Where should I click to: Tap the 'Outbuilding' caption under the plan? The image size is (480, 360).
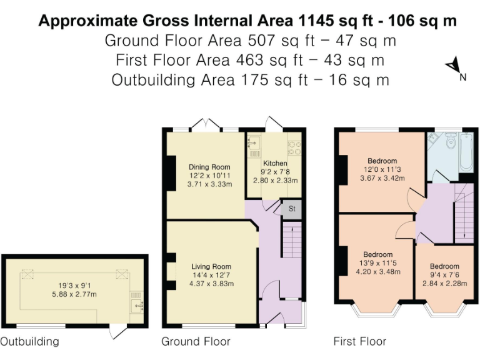[x=29, y=341]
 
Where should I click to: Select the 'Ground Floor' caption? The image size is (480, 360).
[x=196, y=341]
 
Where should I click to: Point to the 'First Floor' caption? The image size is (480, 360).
[x=359, y=341]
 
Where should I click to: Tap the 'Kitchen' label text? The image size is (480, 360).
[x=275, y=163]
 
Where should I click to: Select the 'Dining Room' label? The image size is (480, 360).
[x=209, y=167]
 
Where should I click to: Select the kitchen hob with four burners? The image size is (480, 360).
[x=294, y=147]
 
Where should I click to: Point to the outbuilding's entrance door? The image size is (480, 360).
[x=116, y=331]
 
